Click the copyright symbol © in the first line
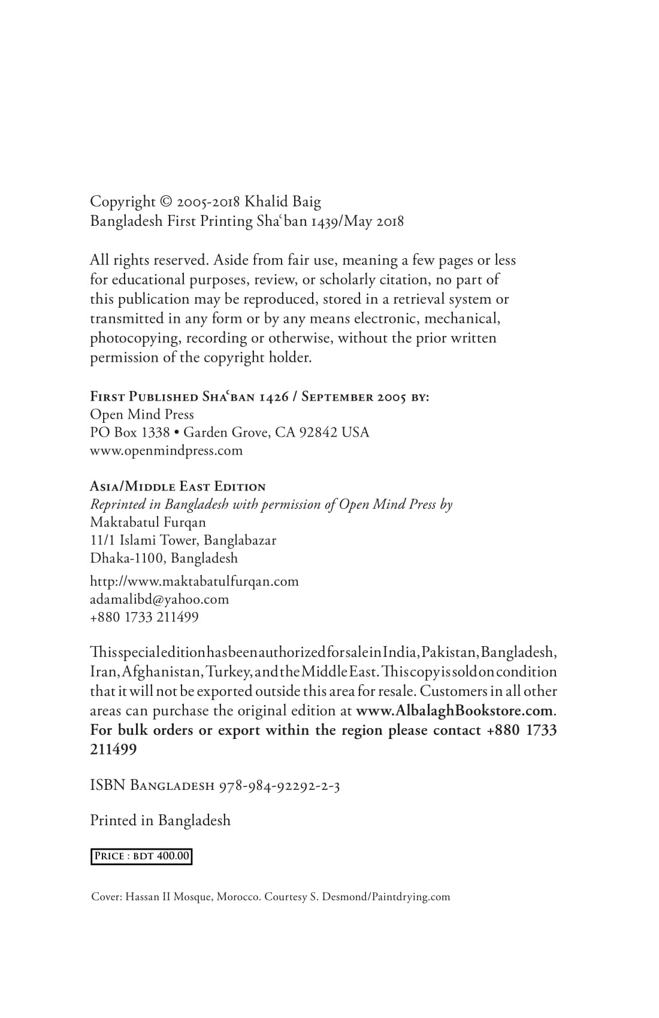click(166, 202)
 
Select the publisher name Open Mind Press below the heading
click(142, 414)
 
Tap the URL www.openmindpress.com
click(167, 450)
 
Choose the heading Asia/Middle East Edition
click(178, 486)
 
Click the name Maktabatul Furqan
click(148, 522)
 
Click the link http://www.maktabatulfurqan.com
click(194, 581)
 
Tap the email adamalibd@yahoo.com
click(159, 599)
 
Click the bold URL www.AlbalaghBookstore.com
click(455, 711)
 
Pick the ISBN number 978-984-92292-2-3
click(280, 786)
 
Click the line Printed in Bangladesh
click(160, 820)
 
